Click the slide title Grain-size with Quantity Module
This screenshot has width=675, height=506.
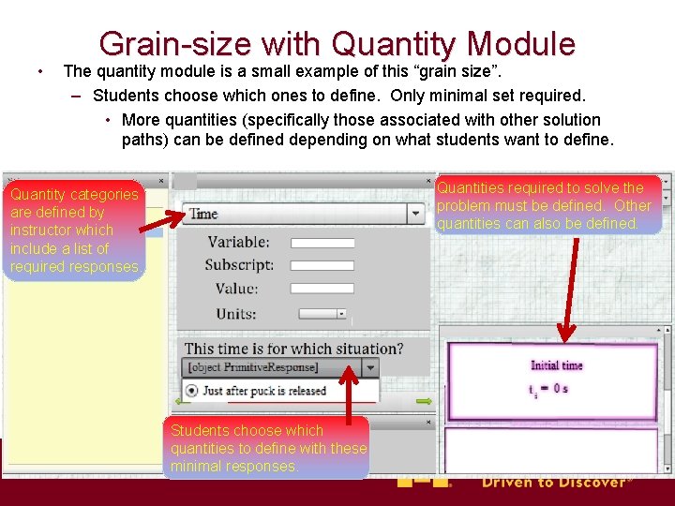(337, 43)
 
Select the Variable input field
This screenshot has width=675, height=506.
(322, 242)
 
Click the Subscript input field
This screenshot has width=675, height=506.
(322, 265)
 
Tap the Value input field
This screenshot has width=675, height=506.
(322, 289)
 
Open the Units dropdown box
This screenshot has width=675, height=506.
(322, 314)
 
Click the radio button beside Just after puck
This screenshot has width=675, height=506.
(192, 391)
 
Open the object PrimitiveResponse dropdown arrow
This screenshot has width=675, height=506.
(371, 367)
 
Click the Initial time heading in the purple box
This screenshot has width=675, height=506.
(556, 365)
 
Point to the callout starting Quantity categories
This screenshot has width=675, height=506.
(75, 231)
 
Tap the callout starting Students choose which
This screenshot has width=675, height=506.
(266, 448)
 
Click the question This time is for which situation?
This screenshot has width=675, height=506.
(294, 349)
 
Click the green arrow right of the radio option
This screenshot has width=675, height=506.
(424, 402)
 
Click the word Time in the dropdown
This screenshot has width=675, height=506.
(204, 214)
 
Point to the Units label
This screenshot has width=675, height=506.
(235, 314)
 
